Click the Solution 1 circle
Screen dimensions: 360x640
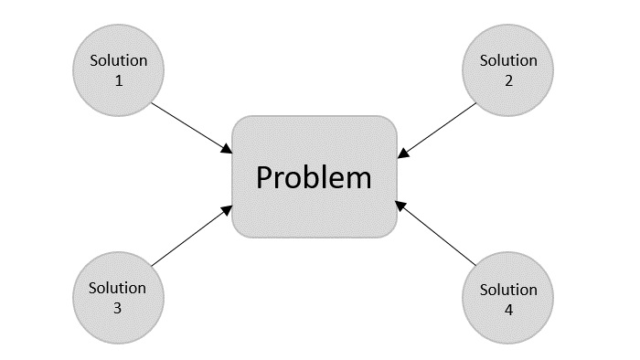118,69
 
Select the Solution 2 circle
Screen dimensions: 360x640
508,69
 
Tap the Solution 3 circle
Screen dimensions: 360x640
118,298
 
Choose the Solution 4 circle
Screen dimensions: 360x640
508,299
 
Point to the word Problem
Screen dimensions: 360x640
314,176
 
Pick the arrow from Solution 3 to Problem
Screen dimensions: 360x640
190,237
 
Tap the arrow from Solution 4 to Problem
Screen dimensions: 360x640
437,235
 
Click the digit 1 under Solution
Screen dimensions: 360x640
118,79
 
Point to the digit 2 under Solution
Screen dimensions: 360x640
508,79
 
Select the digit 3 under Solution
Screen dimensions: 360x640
118,308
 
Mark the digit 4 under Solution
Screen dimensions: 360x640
508,309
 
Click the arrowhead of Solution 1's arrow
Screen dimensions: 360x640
227,148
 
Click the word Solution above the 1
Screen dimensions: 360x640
118,60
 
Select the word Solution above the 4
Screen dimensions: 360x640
508,290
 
